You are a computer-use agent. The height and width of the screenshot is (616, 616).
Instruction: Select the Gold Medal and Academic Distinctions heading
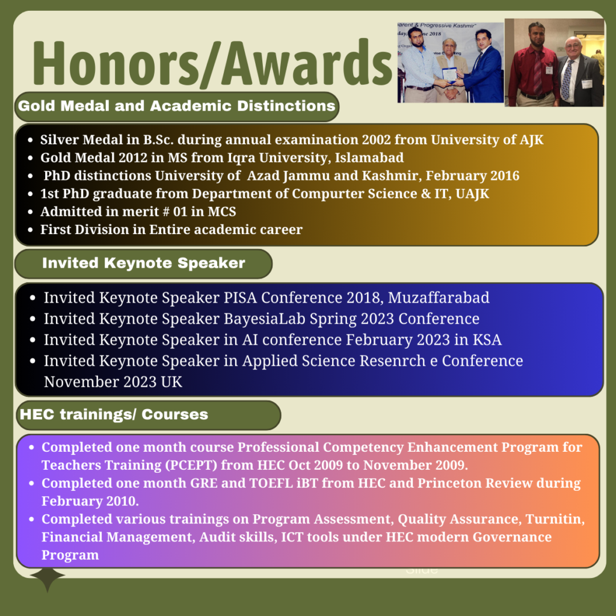point(177,106)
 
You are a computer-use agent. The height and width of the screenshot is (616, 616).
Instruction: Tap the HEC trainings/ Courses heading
point(114,414)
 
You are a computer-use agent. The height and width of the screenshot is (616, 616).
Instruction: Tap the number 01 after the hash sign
point(180,212)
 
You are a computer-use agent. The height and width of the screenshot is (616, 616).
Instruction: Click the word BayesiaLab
point(265,319)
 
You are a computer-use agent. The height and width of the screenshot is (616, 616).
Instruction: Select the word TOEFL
point(271,483)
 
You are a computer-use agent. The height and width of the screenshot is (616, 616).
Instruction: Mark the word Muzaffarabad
point(439,298)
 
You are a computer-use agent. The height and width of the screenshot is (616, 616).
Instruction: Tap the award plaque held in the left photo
point(449,75)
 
